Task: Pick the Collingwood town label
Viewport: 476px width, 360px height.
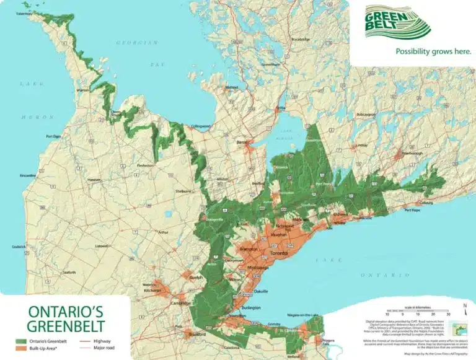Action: pos(200,126)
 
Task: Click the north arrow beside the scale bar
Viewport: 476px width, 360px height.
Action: pos(465,306)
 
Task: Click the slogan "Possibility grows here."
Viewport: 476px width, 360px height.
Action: pos(425,52)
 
